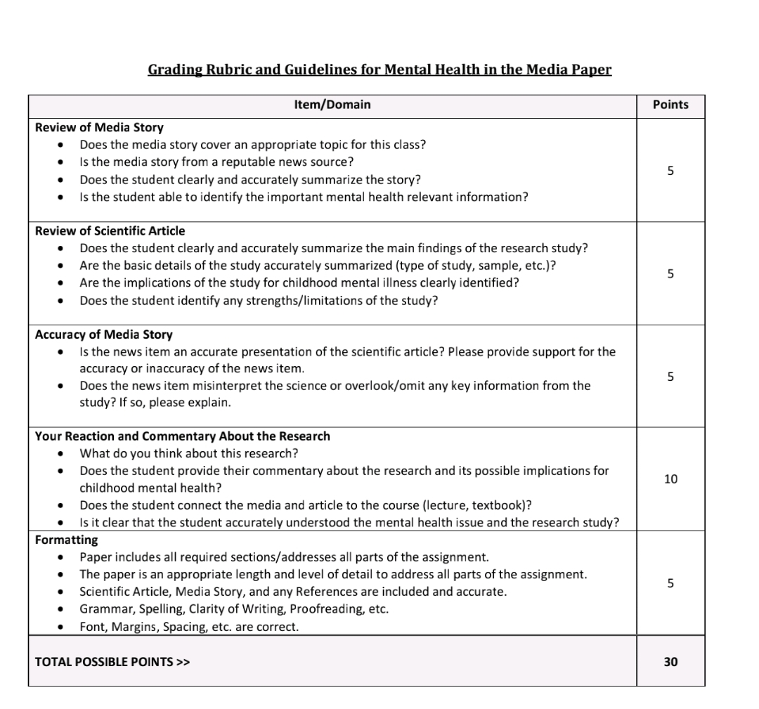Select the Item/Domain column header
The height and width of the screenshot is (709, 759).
pos(332,105)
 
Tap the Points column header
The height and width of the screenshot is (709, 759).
pos(670,105)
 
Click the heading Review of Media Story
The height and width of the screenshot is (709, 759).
pos(99,128)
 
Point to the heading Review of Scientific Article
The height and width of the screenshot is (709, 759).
pos(110,231)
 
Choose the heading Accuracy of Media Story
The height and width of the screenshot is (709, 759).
pos(103,334)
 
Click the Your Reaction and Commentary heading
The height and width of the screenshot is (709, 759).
pos(182,436)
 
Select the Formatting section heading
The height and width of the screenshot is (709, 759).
pos(67,540)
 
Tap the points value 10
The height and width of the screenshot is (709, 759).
pos(670,479)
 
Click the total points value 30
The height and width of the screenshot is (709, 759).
pos(670,661)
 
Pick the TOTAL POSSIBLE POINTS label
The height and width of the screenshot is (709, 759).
pos(112,662)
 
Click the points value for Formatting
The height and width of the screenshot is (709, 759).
pos(670,583)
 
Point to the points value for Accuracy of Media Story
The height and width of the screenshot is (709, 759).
pos(670,377)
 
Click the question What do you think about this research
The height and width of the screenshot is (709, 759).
pos(194,454)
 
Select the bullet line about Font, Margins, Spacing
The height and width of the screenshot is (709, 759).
pos(189,627)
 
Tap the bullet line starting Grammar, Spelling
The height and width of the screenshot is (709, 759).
pos(234,609)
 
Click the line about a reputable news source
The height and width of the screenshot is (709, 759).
pos(216,162)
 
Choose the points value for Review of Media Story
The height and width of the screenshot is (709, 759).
pos(670,170)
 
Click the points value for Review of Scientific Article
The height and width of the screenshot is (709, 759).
pos(670,273)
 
